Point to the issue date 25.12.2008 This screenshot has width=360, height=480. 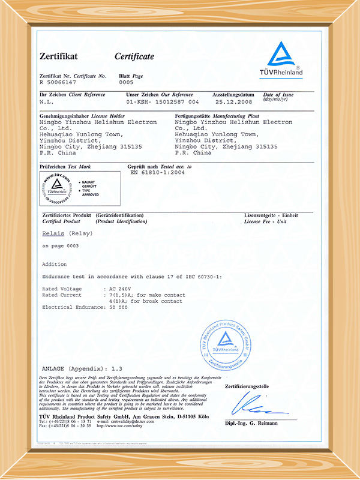(x=232, y=101)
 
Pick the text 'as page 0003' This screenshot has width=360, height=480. (x=60, y=247)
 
